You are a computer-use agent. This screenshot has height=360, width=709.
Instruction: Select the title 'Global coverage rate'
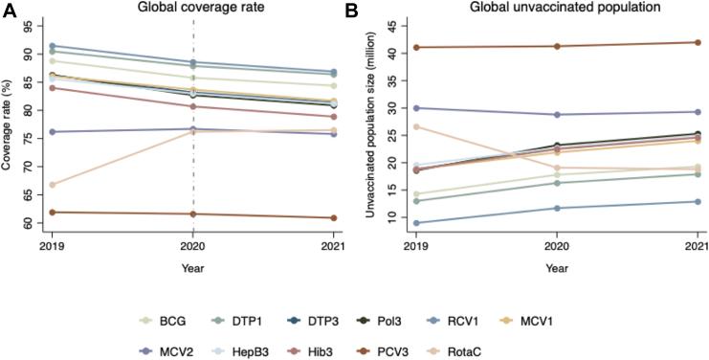[192, 9]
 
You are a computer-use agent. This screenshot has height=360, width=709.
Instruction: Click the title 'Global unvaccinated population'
[549, 9]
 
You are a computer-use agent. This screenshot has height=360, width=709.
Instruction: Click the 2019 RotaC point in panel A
[51, 185]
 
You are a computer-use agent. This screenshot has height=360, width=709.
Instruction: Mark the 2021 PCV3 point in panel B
[696, 42]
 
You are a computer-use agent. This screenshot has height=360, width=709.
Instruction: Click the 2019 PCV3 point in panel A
[51, 213]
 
